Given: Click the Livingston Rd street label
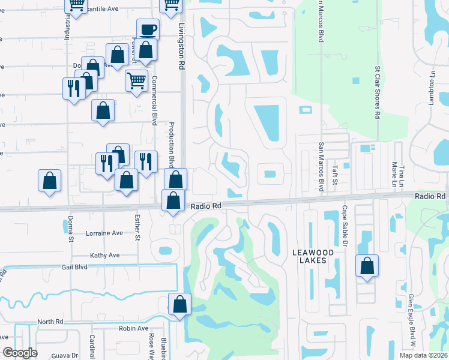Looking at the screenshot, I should click(x=181, y=47).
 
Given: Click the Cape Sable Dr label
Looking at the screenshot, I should click(x=345, y=226).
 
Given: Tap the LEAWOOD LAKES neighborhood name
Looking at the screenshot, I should click(x=313, y=256).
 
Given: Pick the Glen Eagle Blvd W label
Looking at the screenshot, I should click(x=412, y=321).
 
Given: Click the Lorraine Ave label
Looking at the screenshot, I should click(x=104, y=233).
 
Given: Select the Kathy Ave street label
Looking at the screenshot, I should click(x=105, y=255).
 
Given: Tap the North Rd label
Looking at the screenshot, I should click(x=50, y=322).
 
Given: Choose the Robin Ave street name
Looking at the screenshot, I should click(x=133, y=328).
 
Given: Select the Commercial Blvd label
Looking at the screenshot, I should click(x=154, y=100).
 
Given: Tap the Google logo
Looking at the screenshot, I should click(x=20, y=353).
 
